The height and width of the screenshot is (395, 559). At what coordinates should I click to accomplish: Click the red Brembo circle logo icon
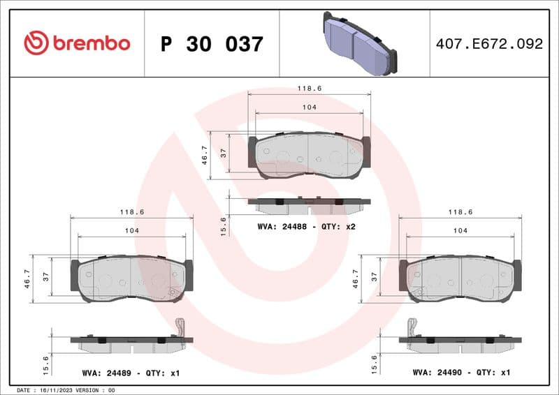tap(36, 43)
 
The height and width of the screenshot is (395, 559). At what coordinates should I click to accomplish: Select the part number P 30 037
tap(212, 44)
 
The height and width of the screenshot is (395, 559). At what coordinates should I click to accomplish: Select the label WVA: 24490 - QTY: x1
tap(462, 373)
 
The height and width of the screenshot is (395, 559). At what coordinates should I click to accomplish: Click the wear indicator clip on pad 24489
tap(180, 327)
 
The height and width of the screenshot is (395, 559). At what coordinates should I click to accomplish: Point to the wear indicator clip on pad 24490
tap(412, 327)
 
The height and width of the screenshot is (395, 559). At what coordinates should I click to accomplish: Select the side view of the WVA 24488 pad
tap(309, 204)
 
